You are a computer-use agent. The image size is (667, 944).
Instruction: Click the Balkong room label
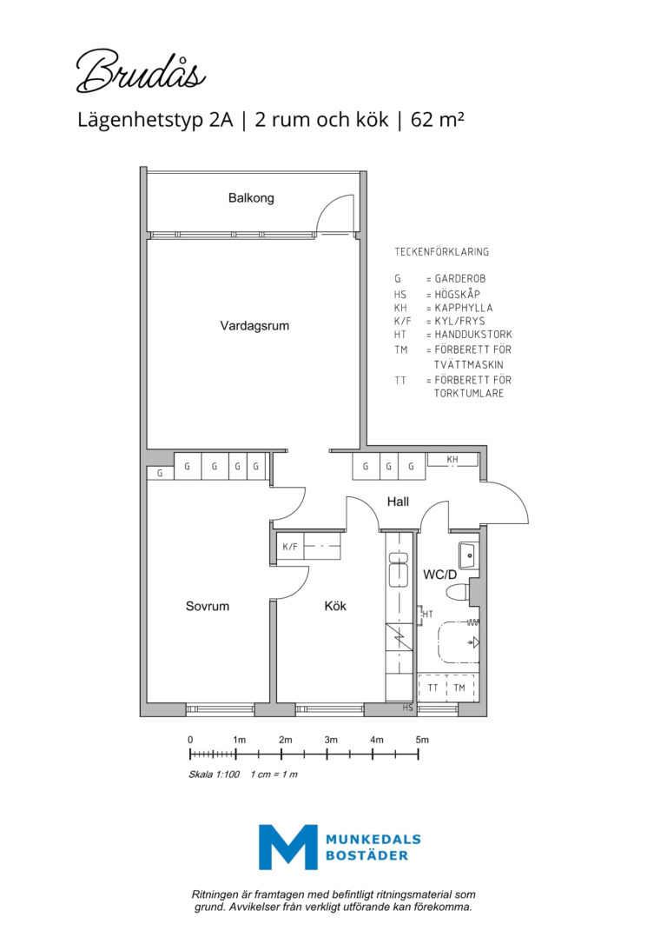(x=251, y=198)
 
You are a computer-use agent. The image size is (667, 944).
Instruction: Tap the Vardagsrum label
(x=254, y=326)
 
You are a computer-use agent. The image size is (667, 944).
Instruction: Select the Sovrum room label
(x=208, y=606)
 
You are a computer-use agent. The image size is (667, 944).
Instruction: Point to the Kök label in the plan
(x=335, y=606)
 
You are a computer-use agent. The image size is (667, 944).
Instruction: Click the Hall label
(x=398, y=502)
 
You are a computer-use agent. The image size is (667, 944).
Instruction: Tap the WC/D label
(x=439, y=575)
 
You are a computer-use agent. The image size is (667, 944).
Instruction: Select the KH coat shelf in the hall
(x=452, y=459)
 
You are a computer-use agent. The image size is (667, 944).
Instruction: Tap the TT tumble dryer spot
(x=433, y=688)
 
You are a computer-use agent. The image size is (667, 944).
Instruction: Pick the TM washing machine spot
(x=460, y=688)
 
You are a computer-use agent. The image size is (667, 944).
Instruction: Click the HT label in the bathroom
(x=427, y=614)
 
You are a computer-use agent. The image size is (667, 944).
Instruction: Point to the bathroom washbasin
(x=468, y=555)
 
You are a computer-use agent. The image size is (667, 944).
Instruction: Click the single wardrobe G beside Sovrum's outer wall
(x=160, y=473)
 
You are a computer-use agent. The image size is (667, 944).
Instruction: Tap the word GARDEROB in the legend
(x=460, y=279)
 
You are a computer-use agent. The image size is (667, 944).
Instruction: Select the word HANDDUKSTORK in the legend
(x=473, y=334)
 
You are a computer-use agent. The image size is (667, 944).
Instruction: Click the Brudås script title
(x=142, y=71)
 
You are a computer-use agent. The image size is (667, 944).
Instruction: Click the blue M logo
(x=288, y=847)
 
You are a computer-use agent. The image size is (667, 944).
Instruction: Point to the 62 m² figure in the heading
(x=437, y=119)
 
